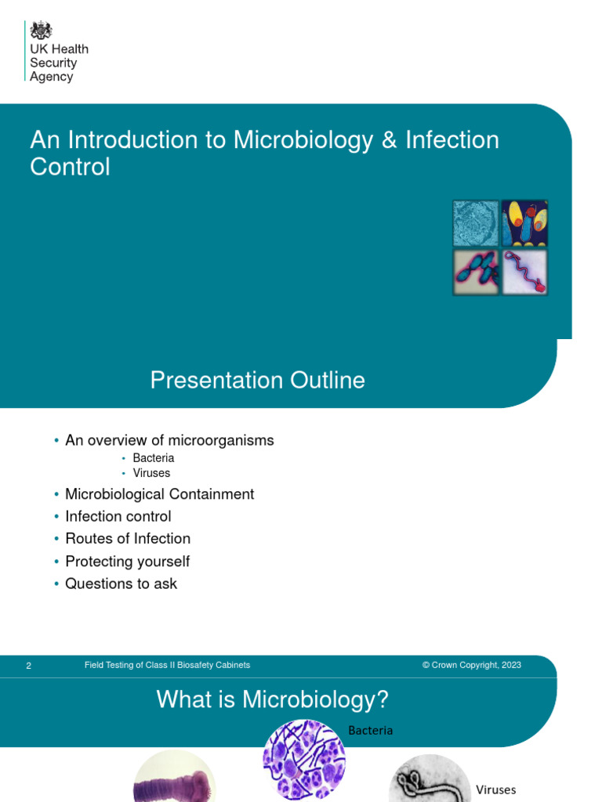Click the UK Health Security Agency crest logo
[x=41, y=31]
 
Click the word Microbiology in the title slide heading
[x=302, y=140]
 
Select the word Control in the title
[x=70, y=167]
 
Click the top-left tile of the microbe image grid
[x=476, y=223]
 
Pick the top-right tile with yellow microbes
[x=525, y=223]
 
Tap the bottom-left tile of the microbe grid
[x=476, y=272]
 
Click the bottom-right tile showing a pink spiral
[x=525, y=272]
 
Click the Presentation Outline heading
[x=257, y=381]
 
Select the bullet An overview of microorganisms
[x=169, y=440]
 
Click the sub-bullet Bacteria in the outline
[x=154, y=458]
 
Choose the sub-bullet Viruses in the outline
[x=151, y=473]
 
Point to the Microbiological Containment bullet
[x=159, y=494]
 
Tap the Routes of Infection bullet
[x=128, y=539]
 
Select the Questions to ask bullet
[x=121, y=583]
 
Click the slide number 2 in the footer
[x=29, y=666]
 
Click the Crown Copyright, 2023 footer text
[x=471, y=665]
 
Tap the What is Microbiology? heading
[x=273, y=699]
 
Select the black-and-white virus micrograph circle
[x=430, y=779]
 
